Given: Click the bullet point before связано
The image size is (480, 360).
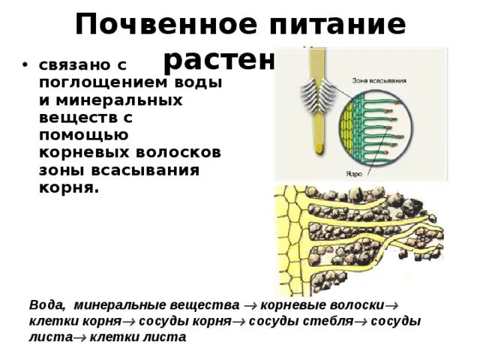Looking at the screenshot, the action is click(25, 65).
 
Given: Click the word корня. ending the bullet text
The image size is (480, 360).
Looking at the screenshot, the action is click(68, 187).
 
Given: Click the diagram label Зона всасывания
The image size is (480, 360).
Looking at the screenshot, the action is click(379, 79).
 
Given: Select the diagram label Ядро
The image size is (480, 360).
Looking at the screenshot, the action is click(354, 173).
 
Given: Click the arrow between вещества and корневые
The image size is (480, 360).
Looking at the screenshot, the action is click(247, 306).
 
